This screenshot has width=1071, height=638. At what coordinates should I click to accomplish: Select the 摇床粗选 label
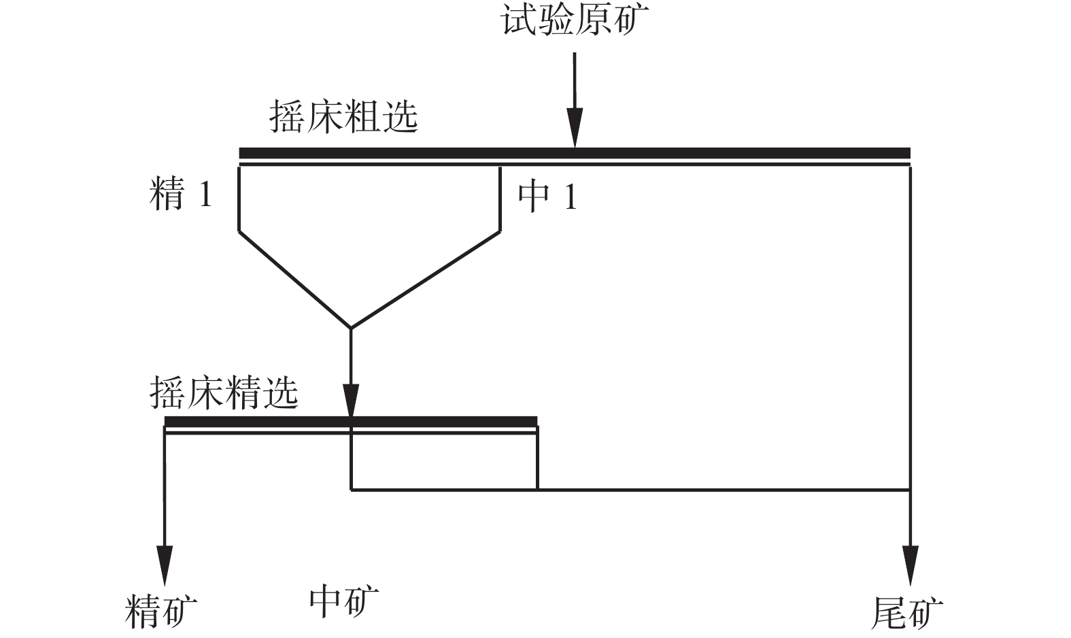click(343, 117)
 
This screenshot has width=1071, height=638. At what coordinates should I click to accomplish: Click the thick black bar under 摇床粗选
click(575, 152)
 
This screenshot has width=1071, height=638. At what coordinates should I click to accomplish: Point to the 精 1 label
click(181, 195)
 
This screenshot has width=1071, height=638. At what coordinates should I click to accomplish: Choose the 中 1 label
click(547, 197)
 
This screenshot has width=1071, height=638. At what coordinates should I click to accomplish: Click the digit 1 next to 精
click(205, 196)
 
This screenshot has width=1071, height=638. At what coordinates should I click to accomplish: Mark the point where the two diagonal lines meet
click(351, 328)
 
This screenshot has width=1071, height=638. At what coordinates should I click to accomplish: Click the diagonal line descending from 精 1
click(294, 280)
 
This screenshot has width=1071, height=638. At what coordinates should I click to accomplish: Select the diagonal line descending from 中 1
click(426, 280)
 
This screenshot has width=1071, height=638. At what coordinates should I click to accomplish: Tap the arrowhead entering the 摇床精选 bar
click(351, 402)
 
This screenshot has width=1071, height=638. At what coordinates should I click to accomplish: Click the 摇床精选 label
click(224, 392)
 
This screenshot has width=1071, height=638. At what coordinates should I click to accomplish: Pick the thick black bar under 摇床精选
click(351, 422)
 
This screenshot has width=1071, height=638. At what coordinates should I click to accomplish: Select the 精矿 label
click(162, 610)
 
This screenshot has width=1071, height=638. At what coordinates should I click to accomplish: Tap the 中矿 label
click(344, 601)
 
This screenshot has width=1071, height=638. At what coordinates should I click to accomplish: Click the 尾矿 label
click(907, 612)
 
